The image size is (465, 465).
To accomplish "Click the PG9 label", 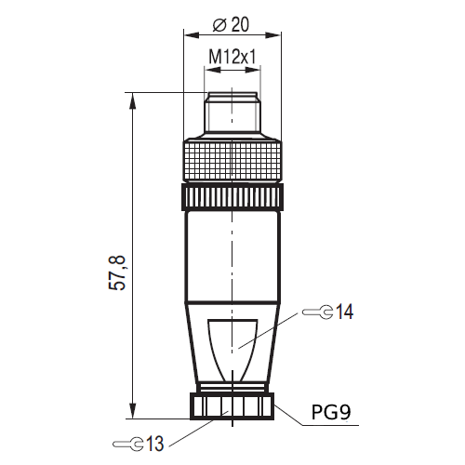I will (331, 410).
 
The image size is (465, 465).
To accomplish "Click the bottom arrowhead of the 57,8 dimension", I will (134, 411).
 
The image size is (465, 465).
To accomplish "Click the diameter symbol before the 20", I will (220, 25).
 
